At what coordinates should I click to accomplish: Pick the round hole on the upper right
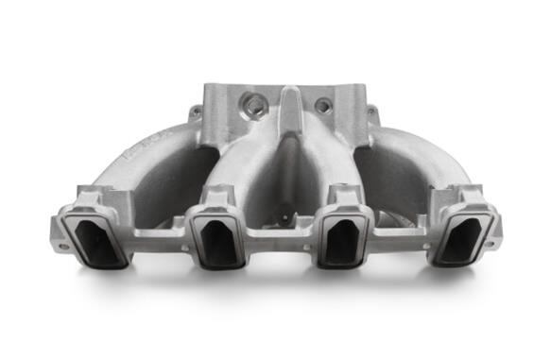(323, 106)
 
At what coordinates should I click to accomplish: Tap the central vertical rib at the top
(289, 113)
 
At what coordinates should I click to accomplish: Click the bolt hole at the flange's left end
(61, 248)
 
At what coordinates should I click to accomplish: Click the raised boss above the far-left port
(95, 197)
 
